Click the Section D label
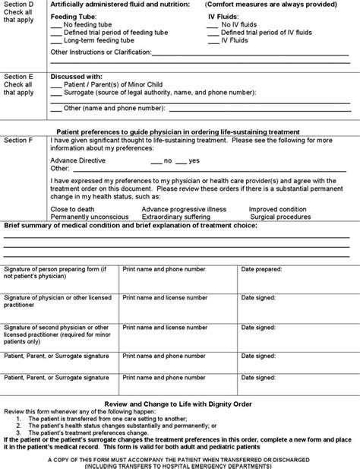(19, 5)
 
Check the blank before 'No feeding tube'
(56, 25)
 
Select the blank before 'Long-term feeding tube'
(56, 40)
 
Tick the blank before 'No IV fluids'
(212, 25)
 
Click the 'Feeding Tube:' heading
(73, 17)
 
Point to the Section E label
(19, 77)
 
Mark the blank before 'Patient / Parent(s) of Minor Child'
(56, 84)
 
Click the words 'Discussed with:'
(76, 77)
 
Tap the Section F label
(19, 141)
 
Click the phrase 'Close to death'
(73, 208)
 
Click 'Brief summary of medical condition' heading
(68, 226)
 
